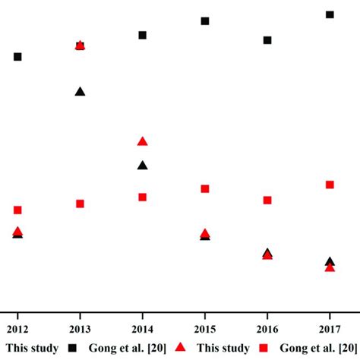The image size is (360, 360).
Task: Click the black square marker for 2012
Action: (x=17, y=57)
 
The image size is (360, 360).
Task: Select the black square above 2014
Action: (x=142, y=35)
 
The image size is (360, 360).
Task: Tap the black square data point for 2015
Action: (x=205, y=21)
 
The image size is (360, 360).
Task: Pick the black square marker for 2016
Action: (x=267, y=40)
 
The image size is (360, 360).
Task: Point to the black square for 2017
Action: (x=330, y=14)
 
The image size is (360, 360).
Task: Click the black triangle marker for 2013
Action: (x=80, y=92)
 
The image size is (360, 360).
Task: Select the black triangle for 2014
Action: (x=142, y=166)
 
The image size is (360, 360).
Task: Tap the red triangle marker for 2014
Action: (x=142, y=141)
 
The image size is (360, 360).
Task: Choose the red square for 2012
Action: (x=17, y=210)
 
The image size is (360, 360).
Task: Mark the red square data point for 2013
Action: (x=80, y=204)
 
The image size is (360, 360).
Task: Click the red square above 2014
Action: (x=142, y=197)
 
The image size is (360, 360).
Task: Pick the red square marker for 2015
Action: (x=205, y=188)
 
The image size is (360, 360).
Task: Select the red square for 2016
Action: (x=267, y=201)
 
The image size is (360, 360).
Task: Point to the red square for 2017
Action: (x=330, y=185)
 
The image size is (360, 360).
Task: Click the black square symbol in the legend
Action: (x=73, y=348)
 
